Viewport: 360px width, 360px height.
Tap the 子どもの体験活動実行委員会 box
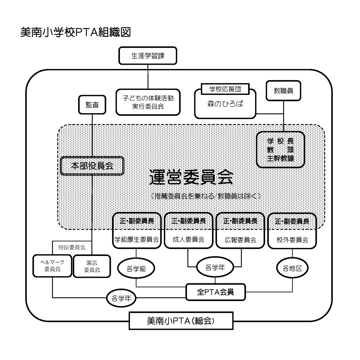click(x=148, y=102)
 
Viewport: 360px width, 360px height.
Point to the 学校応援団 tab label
click(x=225, y=89)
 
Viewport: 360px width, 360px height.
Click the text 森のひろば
click(x=225, y=105)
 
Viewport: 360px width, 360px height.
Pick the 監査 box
click(x=92, y=105)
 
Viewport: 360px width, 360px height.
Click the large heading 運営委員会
click(x=191, y=177)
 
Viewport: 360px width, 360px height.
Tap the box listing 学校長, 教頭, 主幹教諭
click(x=280, y=149)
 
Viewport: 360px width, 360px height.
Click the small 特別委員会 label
click(x=71, y=247)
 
